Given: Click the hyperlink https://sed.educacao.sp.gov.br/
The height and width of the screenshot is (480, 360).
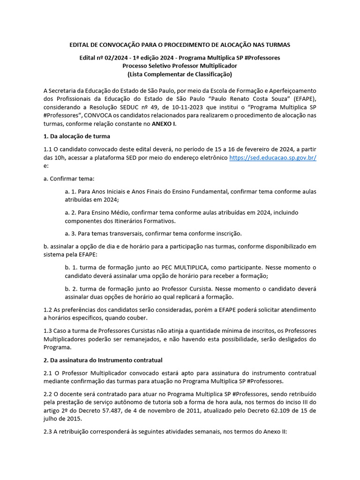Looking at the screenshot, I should point(273,157).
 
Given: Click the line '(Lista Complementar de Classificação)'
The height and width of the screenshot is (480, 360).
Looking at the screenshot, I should point(180,74).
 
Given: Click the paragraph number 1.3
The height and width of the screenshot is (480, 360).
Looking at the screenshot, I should point(47,330).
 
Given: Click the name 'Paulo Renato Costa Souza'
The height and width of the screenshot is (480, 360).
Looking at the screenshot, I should point(248,98).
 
